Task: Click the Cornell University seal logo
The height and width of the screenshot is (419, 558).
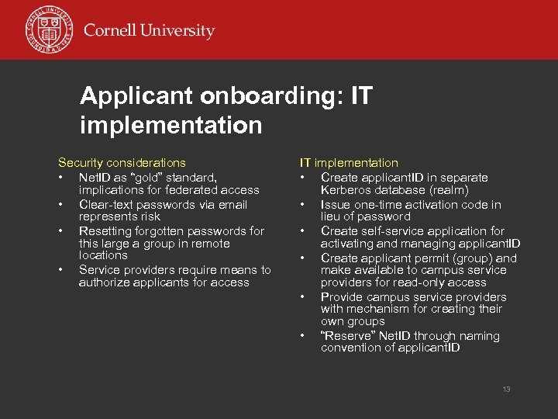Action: coord(49,30)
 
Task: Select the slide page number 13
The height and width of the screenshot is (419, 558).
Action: coord(506,389)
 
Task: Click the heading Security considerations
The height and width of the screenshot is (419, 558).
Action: coord(122,163)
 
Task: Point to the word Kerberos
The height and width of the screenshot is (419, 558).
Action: coord(346,190)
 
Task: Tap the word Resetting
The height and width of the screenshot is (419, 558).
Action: coord(106,231)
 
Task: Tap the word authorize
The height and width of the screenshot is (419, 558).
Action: coord(105,282)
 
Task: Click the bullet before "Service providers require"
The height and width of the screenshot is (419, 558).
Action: coord(60,270)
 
